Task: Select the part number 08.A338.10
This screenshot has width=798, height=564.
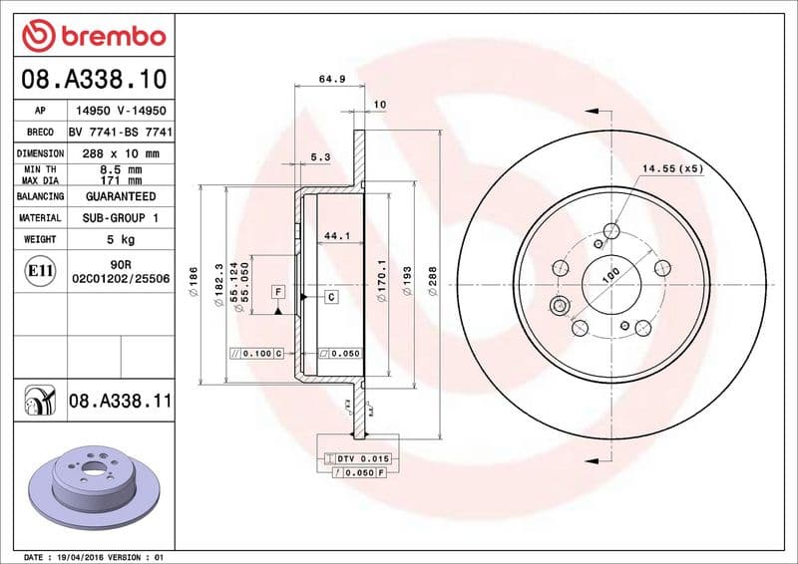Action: point(93,78)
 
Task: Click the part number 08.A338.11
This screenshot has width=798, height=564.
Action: point(121,402)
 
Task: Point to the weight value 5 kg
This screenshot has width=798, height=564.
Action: point(121,239)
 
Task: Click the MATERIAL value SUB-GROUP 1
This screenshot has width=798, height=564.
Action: point(121,217)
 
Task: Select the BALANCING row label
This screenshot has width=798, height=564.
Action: point(41,196)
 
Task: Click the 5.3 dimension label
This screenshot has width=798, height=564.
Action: point(320,156)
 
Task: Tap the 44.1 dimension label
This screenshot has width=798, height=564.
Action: point(337,236)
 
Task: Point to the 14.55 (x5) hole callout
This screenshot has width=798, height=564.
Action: point(672,168)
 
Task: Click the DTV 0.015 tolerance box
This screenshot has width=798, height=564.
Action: point(358,457)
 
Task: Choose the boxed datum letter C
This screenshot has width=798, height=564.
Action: point(330,297)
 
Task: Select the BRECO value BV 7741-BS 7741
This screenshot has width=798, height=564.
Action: point(121,133)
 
